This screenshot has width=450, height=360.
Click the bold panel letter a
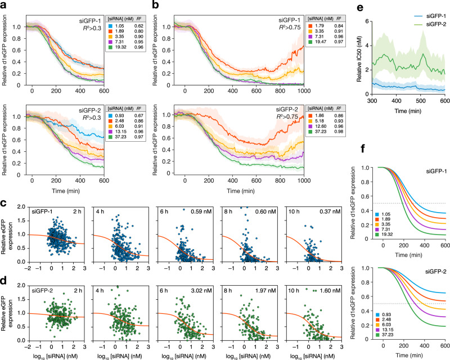point(4,5)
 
